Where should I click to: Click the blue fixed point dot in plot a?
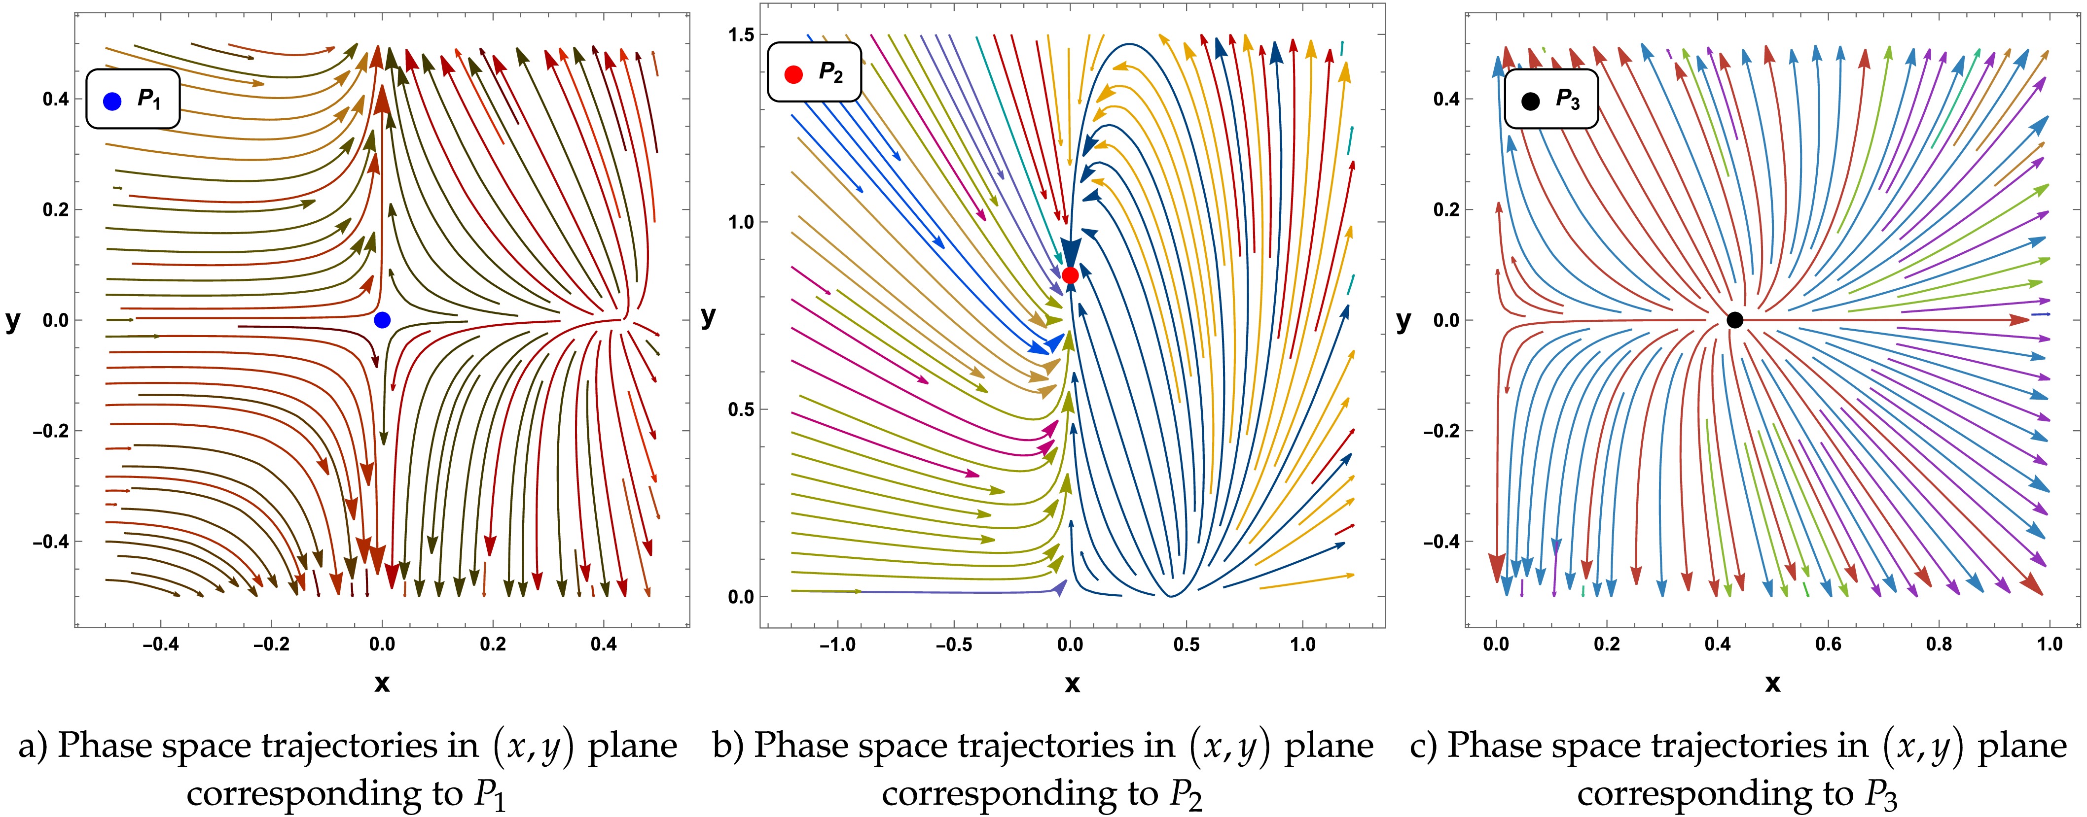click(382, 320)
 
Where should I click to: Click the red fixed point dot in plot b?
click(1070, 275)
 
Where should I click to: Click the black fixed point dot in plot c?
click(1734, 320)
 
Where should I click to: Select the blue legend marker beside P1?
click(112, 101)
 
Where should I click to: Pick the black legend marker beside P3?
click(1530, 101)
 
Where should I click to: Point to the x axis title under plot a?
click(382, 684)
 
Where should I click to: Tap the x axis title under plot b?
click(1072, 684)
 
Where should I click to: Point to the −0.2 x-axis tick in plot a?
click(271, 645)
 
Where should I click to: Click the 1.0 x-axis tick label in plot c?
click(2050, 645)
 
